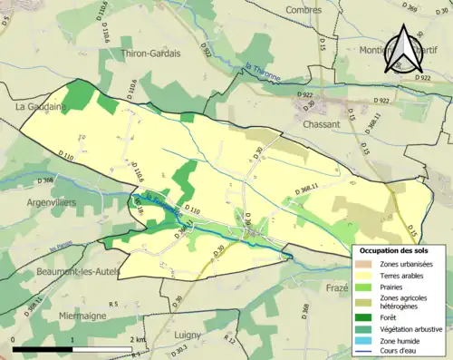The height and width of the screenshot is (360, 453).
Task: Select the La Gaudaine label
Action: pyautogui.click(x=38, y=106)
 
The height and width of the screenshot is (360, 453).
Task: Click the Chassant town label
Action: pyautogui.click(x=323, y=123)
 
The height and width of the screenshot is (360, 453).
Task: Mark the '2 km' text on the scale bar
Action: pyautogui.click(x=139, y=340)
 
